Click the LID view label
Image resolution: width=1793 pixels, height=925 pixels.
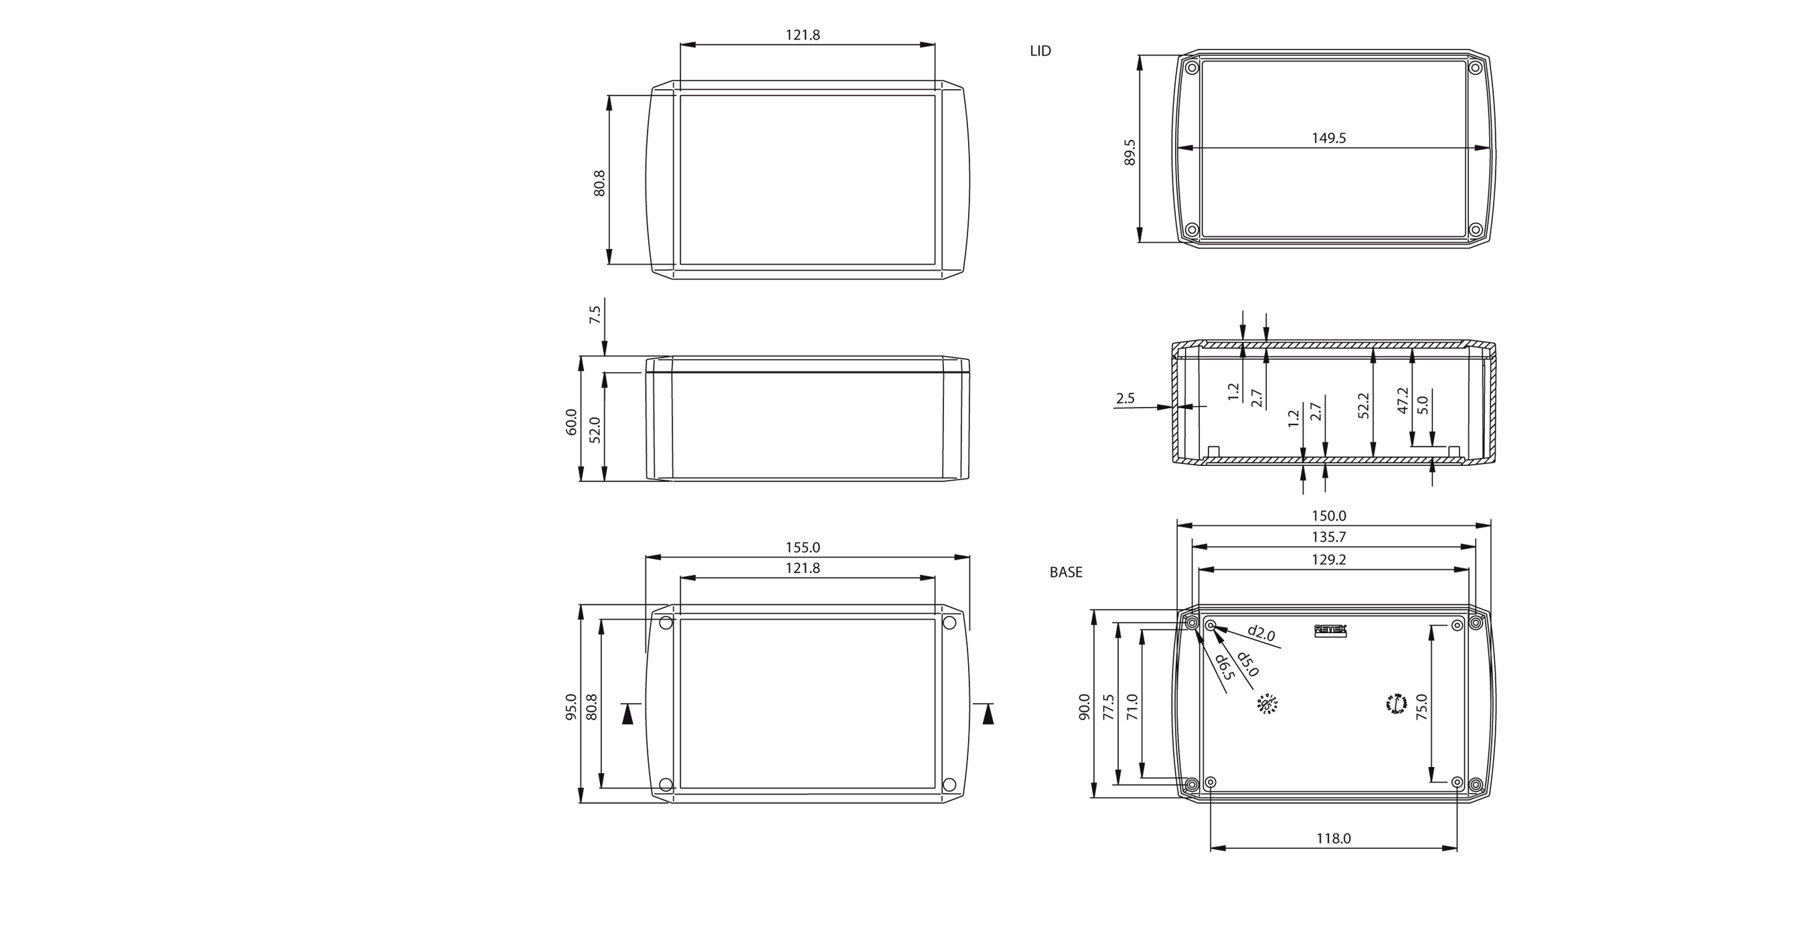click(1040, 51)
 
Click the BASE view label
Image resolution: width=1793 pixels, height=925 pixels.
click(1066, 572)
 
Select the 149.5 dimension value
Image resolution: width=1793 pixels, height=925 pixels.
click(1328, 138)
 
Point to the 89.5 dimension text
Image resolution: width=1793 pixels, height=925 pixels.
click(1129, 153)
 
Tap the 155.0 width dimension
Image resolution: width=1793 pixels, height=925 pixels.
click(803, 548)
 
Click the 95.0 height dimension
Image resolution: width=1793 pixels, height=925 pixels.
click(570, 706)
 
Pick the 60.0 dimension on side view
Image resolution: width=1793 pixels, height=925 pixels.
click(570, 422)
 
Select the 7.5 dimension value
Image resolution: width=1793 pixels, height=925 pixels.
click(595, 315)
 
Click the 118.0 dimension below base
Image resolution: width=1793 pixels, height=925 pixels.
click(1333, 839)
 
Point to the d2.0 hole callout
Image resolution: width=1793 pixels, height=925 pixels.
click(1261, 633)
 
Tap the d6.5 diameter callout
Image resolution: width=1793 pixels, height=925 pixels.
click(1225, 667)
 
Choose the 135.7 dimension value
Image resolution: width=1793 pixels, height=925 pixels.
click(1328, 537)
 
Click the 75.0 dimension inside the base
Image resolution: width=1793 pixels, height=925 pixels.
click(1421, 706)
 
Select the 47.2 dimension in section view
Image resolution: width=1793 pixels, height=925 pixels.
click(1403, 401)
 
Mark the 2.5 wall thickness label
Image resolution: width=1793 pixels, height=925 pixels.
click(1125, 398)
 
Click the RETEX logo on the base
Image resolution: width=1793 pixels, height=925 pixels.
click(1330, 630)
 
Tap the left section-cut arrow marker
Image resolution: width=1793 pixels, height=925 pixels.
click(628, 714)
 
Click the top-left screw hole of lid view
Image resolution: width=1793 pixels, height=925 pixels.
click(1192, 68)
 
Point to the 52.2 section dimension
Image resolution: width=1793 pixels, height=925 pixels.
click(1363, 406)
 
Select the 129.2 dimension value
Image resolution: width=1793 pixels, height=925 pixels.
click(1328, 560)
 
